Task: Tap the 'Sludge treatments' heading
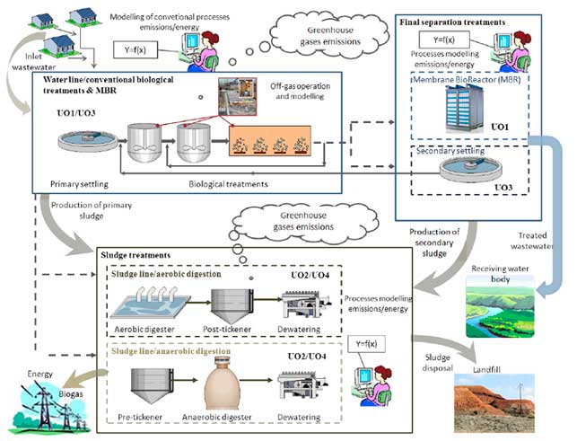coord(136,256)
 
